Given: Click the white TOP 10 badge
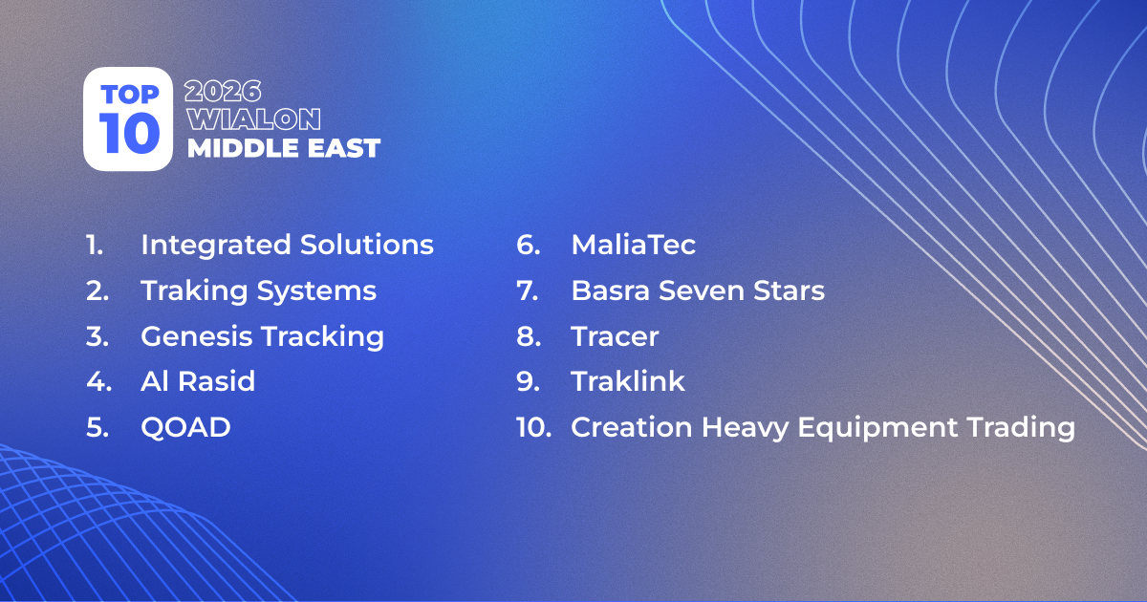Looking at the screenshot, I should point(128,118).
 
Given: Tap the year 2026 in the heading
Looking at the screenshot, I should point(224,93).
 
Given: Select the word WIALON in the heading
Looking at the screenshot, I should point(253,120).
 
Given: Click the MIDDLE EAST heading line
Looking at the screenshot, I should point(284,148).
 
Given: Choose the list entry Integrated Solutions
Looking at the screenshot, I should point(287,245).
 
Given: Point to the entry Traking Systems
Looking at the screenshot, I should point(258,290).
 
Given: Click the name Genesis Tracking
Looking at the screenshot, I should point(262,336).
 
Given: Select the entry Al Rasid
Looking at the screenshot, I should point(198,382).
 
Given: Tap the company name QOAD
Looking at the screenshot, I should point(185,428).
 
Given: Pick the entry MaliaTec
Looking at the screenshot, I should point(633,245).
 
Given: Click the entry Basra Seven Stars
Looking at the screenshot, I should point(697,290).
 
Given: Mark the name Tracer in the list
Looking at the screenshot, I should point(615,336).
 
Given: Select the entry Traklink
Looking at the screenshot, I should point(628,382).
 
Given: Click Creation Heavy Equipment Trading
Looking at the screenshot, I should point(822,428).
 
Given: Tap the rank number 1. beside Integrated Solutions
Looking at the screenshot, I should point(94,245).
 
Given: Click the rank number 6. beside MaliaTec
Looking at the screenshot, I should point(529,245).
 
